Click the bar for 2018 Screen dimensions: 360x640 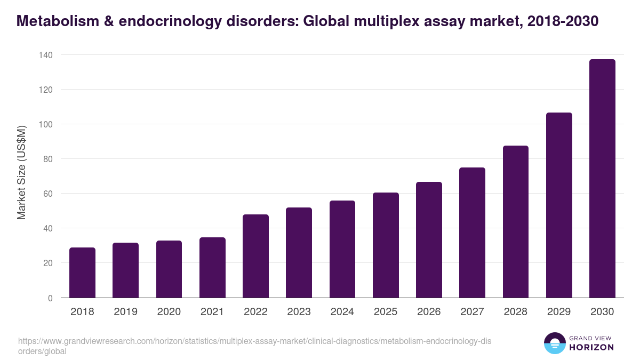(x=82, y=273)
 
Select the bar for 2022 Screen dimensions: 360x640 (x=255, y=256)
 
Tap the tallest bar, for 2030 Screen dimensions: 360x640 (x=602, y=179)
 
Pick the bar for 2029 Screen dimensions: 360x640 (x=559, y=205)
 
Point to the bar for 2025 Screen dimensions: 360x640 (x=386, y=245)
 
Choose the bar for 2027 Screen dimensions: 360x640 (x=472, y=233)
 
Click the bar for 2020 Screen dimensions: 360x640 (x=169, y=269)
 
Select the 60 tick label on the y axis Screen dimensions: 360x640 (x=47, y=194)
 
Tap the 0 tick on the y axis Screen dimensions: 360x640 (x=50, y=298)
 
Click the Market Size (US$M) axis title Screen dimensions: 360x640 (x=21, y=173)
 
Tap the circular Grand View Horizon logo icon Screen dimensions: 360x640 (x=554, y=343)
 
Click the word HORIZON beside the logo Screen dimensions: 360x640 (x=592, y=347)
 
